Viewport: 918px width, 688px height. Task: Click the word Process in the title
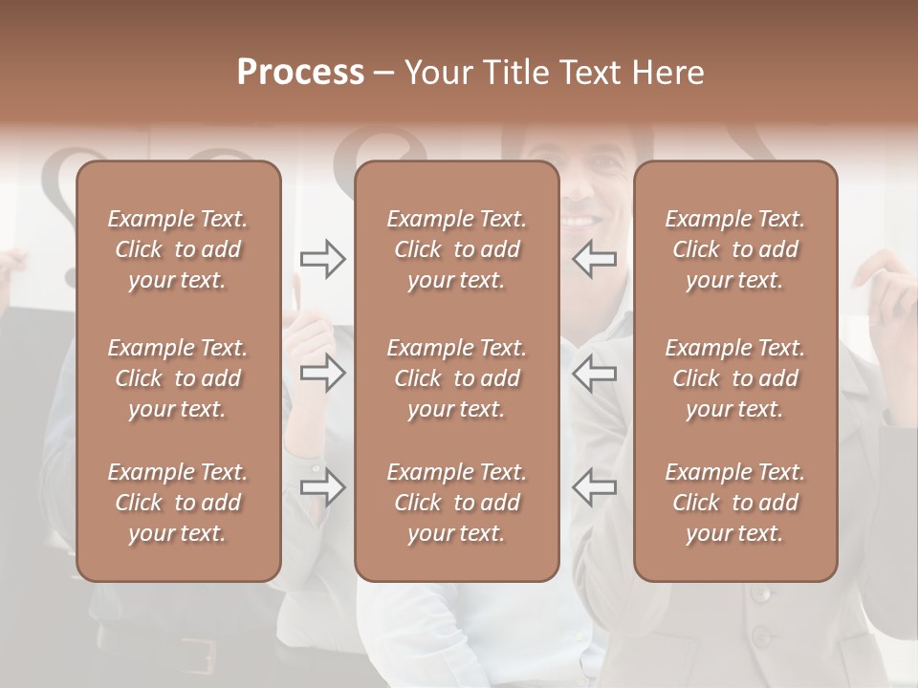300,73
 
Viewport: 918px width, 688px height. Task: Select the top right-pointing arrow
323,259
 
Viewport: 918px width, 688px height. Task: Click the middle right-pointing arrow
323,373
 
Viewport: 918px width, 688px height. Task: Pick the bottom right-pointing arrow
323,487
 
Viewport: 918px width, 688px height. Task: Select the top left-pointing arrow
594,259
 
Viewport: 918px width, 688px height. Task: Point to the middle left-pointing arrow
594,373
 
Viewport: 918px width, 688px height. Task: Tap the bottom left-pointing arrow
594,487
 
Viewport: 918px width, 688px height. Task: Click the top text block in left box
178,249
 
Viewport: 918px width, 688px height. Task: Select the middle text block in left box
178,378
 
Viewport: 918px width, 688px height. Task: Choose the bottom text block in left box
178,503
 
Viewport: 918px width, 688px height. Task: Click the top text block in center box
457,249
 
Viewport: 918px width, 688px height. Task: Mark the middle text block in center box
457,378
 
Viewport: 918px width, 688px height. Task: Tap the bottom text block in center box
457,503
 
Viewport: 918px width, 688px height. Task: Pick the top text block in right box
735,249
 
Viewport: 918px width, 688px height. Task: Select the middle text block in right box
735,378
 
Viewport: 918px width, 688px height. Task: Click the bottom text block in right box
735,503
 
